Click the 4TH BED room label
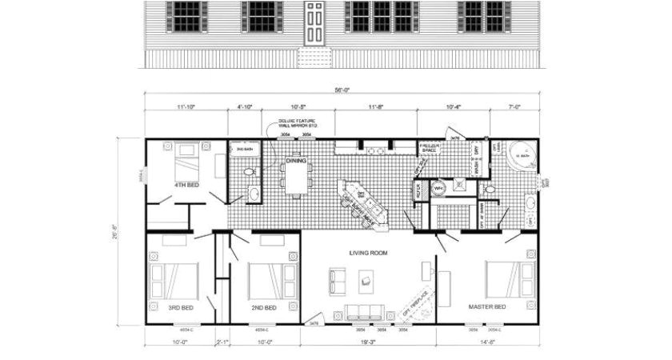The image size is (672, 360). coord(186,185)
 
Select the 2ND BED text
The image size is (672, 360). coord(264,307)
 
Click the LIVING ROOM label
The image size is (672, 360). coord(368,253)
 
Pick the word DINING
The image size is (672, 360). coord(296,161)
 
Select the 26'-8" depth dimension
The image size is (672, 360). coord(115,230)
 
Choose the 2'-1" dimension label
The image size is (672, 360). coord(223,342)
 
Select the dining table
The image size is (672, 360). coord(297,174)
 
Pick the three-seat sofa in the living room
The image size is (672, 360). coord(365,311)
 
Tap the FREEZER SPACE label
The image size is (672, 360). coord(430,146)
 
